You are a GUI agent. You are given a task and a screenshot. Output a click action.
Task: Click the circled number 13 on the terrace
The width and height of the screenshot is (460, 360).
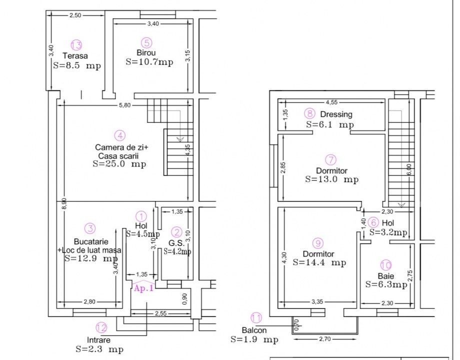[76, 45]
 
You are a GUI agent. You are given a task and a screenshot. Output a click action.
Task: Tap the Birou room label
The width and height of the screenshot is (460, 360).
[146, 53]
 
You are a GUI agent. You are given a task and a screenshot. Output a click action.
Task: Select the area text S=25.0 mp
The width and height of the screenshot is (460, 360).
[119, 163]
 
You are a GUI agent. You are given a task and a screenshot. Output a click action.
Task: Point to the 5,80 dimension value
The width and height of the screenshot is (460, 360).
[124, 105]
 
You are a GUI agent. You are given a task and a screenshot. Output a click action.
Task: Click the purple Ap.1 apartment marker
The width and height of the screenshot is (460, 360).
[144, 288]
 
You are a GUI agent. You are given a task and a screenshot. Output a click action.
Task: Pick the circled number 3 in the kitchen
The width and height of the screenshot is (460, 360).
[90, 228]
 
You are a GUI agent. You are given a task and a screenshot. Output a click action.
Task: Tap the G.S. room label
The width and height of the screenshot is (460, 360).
[176, 243]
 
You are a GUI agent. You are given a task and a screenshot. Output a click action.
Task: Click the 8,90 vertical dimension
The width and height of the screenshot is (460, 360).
[64, 203]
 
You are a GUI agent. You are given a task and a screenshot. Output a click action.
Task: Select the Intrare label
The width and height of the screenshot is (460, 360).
[99, 340]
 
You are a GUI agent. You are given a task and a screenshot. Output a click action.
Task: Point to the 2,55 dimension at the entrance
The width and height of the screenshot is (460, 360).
[161, 313]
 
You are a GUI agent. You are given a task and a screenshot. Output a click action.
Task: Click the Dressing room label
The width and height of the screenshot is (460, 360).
[336, 114]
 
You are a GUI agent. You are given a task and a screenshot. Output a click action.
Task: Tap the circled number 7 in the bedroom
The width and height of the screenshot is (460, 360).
[331, 160]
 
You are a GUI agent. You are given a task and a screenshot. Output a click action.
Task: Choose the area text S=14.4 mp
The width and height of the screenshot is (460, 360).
[319, 262]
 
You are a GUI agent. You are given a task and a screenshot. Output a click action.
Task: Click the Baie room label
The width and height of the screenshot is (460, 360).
[386, 276]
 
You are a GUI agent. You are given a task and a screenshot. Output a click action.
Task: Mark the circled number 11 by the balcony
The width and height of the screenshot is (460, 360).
[256, 318]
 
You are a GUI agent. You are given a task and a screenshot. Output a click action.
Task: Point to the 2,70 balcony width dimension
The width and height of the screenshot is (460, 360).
[325, 339]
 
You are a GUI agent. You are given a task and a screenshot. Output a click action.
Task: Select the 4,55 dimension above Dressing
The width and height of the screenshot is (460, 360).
[331, 102]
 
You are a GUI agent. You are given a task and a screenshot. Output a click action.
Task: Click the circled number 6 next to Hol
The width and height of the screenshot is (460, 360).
[373, 222]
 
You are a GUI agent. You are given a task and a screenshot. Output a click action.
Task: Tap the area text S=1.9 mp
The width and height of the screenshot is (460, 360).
[254, 339]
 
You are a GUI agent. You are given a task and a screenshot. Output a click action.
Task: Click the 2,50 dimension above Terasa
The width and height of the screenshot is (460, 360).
[75, 15]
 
